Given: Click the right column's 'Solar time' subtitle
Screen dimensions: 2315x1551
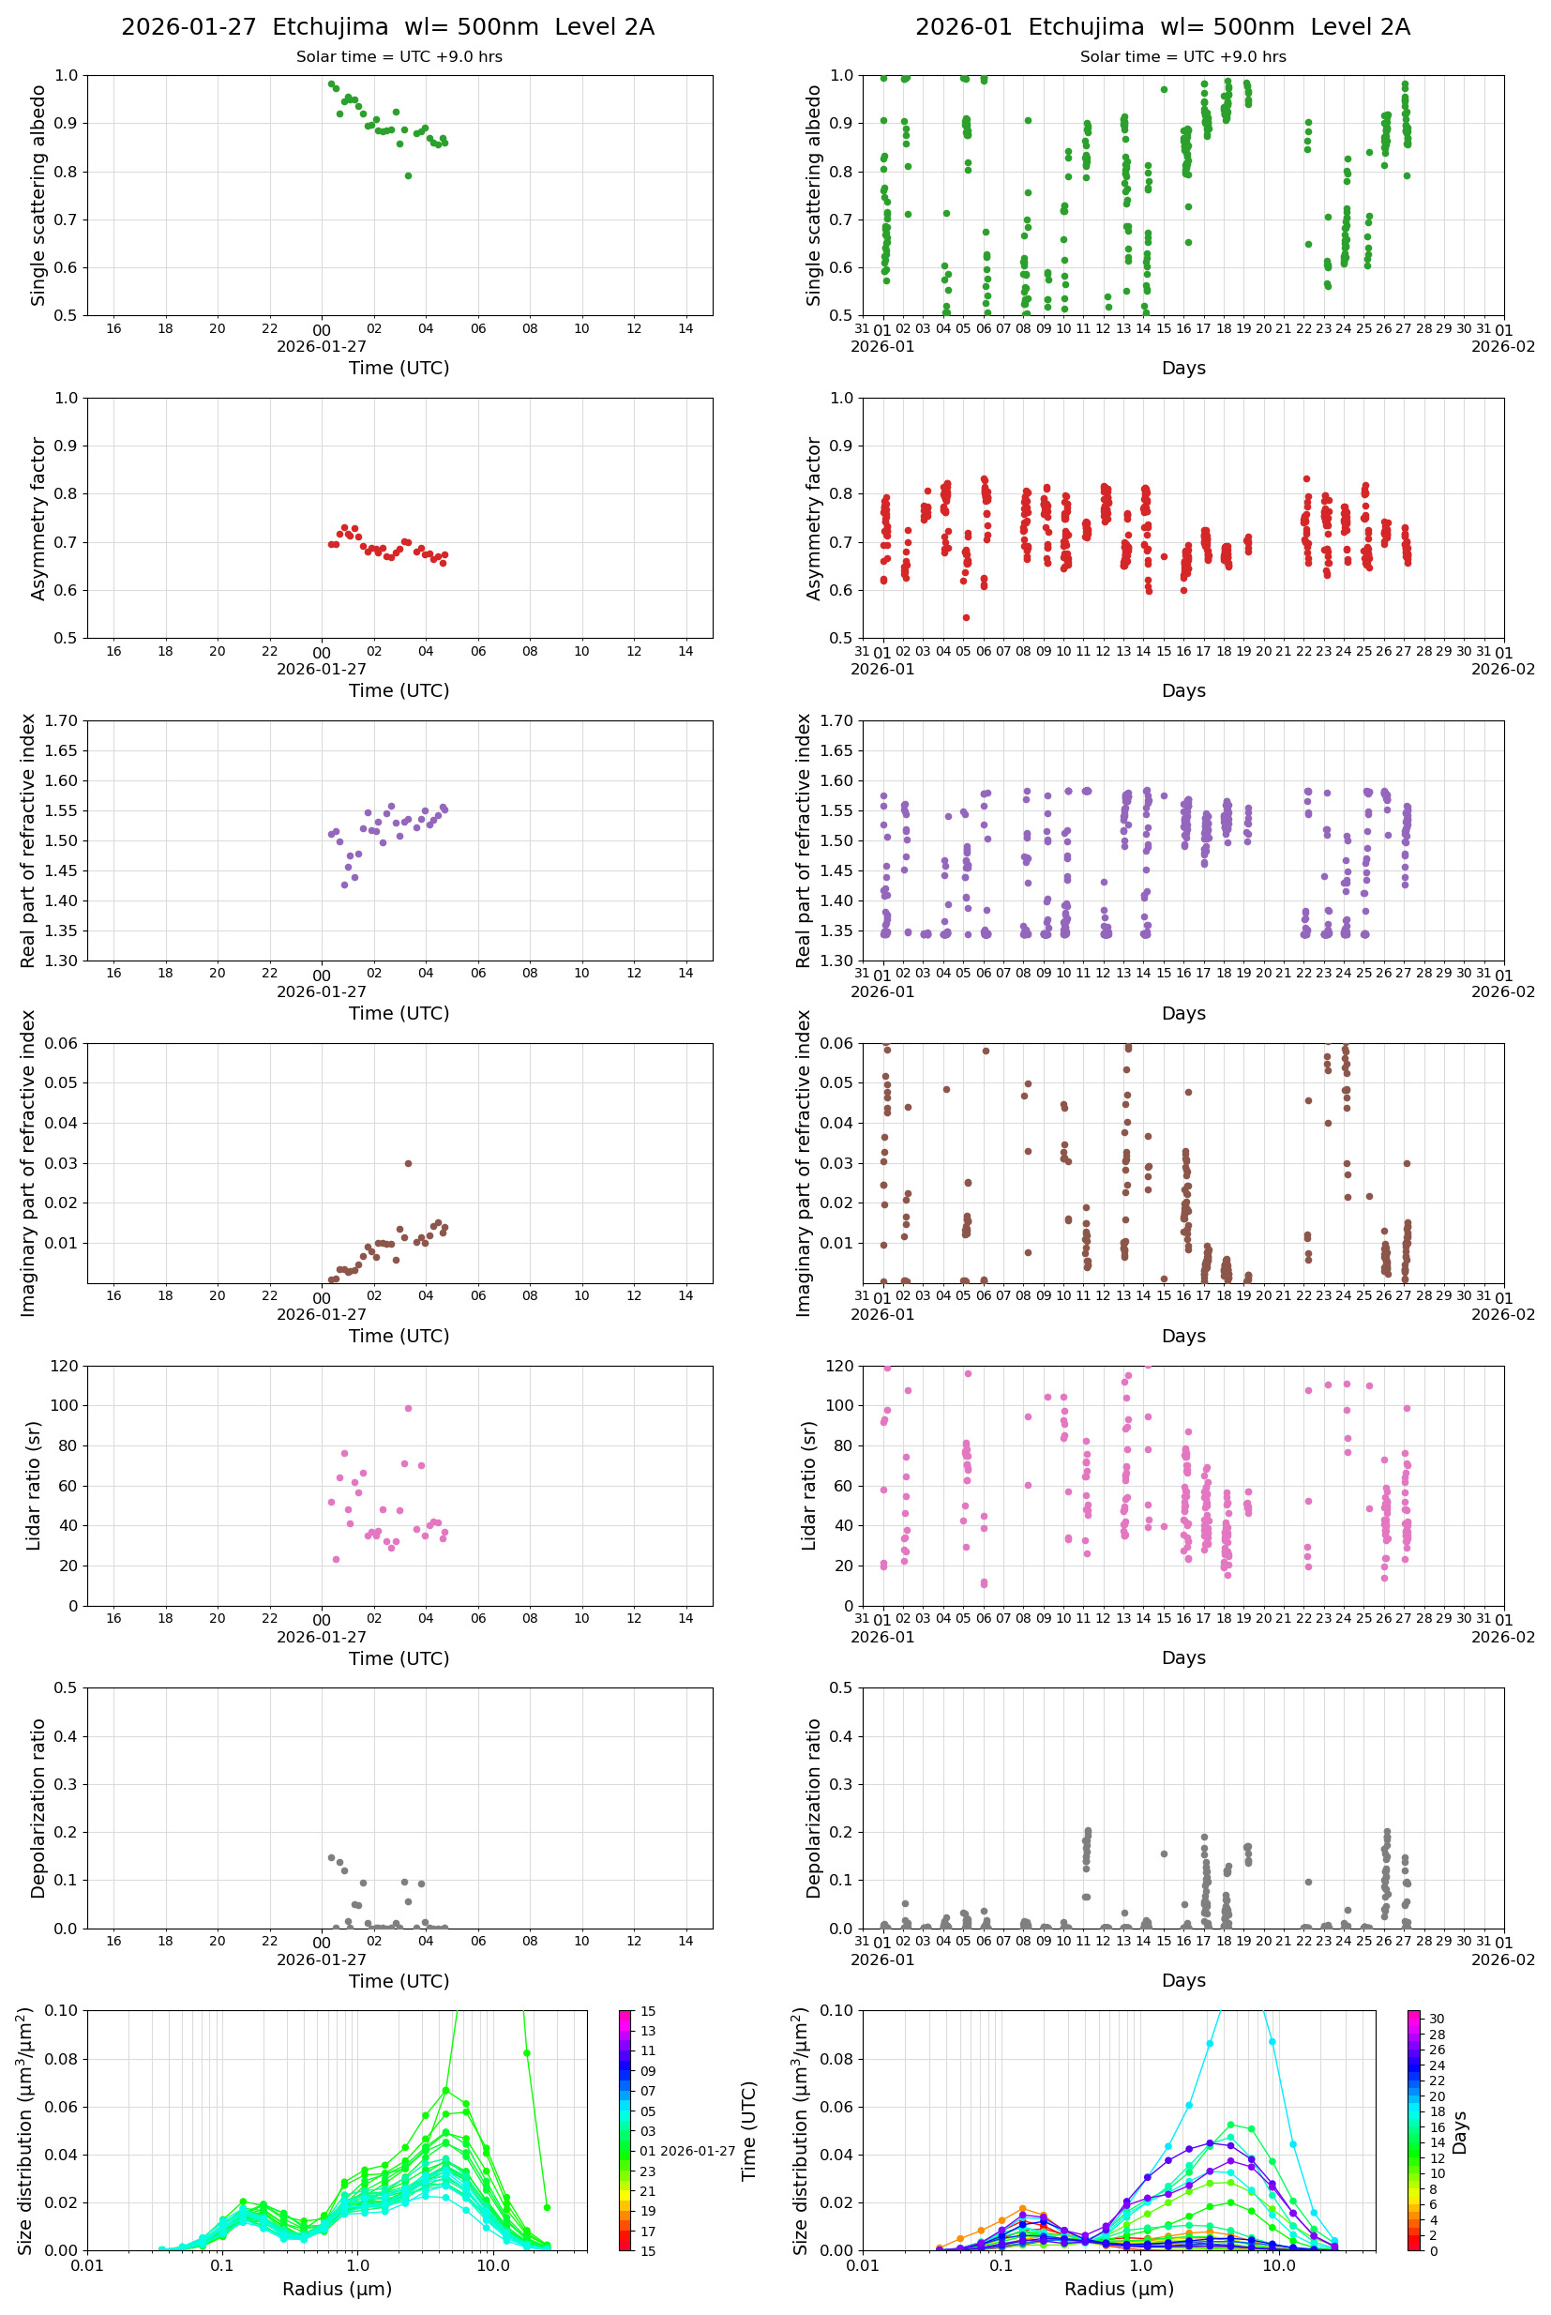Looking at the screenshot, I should coord(1182,56).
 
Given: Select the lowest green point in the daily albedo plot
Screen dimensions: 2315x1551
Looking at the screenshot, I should coord(408,176).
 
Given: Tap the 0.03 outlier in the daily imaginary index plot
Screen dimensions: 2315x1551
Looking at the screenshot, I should coord(408,1163).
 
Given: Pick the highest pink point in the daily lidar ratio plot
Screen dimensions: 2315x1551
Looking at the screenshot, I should coord(408,1408).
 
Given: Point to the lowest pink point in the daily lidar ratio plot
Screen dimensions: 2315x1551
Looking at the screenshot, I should coord(336,1559).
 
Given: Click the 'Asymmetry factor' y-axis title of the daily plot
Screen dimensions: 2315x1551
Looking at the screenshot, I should coord(38,519).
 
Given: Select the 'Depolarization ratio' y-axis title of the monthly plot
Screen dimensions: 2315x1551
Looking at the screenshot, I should coord(813,1808).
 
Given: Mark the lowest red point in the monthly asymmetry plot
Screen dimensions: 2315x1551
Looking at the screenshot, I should coord(966,618).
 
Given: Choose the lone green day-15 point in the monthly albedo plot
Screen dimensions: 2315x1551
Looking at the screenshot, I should coord(1163,89).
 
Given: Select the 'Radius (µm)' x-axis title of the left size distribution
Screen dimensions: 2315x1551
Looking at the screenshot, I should coord(337,2289).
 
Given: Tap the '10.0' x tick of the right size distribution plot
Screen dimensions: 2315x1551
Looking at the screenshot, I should coord(1278,2265).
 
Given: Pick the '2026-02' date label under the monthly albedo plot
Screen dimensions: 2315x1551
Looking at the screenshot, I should coord(1502,346).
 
